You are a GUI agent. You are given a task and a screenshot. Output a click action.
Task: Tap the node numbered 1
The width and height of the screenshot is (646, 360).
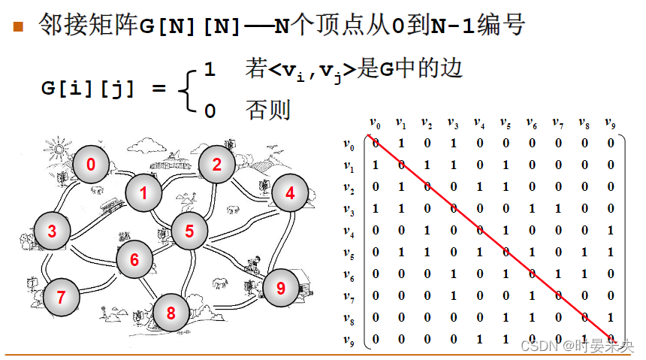click(143, 193)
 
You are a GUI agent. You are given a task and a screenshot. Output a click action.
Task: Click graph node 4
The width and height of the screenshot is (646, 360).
click(290, 193)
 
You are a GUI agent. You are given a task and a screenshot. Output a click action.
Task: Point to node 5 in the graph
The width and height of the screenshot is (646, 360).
click(190, 231)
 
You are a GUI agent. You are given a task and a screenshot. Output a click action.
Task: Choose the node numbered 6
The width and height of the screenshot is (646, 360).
click(134, 260)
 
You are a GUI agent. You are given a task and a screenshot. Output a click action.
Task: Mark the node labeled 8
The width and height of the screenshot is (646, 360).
click(171, 313)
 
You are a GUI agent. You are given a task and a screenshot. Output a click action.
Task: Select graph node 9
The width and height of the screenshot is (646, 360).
click(281, 287)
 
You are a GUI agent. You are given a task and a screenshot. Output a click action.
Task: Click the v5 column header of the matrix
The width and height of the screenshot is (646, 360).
click(505, 123)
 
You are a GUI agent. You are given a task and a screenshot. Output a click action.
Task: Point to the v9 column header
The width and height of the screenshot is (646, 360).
click(610, 123)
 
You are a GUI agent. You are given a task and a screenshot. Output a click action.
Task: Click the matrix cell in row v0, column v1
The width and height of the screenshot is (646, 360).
click(401, 143)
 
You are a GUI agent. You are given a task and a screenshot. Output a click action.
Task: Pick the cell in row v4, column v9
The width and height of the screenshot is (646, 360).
click(611, 230)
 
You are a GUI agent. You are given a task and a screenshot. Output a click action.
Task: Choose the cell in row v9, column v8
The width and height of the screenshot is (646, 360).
click(584, 340)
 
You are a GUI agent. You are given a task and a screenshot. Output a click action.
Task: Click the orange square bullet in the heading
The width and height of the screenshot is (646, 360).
click(19, 28)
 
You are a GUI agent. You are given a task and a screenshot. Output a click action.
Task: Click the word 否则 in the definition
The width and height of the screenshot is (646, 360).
click(267, 110)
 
